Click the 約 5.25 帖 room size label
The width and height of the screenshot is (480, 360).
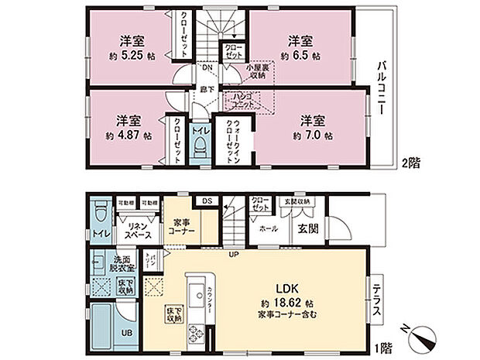click(129, 56)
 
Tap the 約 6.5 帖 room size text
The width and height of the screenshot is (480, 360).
click(300, 56)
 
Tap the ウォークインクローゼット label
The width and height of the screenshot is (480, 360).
click(230, 139)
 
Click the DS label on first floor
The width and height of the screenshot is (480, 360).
click(207, 201)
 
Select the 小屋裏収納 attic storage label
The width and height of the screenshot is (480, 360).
click(257, 73)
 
